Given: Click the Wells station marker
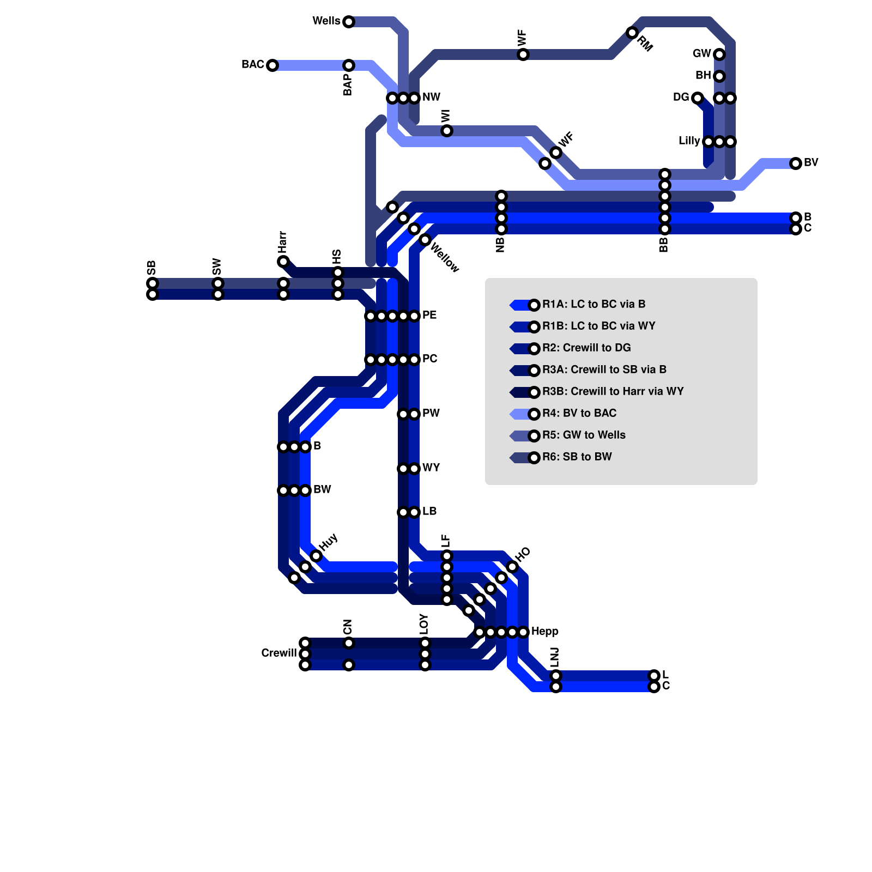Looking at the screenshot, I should click(349, 22).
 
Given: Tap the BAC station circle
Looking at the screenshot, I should click(272, 65).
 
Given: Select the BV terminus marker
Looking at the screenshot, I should click(796, 163).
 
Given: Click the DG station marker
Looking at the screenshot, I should click(698, 98).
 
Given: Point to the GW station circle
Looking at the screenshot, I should click(719, 54).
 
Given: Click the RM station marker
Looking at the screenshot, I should click(632, 33).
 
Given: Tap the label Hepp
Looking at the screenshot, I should click(544, 631).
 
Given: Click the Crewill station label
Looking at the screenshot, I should click(278, 653).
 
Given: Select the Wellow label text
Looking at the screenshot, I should click(445, 257).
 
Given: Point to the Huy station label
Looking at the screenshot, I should click(329, 542).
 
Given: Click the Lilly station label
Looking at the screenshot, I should click(689, 141).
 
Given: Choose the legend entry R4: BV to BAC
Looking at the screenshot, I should click(579, 413).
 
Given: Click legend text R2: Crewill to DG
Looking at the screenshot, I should click(586, 348).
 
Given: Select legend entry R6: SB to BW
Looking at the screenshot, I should click(577, 457).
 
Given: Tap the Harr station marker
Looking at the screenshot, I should click(283, 262).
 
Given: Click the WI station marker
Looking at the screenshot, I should click(447, 131).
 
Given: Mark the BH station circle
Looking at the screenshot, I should click(719, 76).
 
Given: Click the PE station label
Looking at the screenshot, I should click(429, 315).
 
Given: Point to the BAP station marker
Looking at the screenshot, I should click(349, 65).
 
